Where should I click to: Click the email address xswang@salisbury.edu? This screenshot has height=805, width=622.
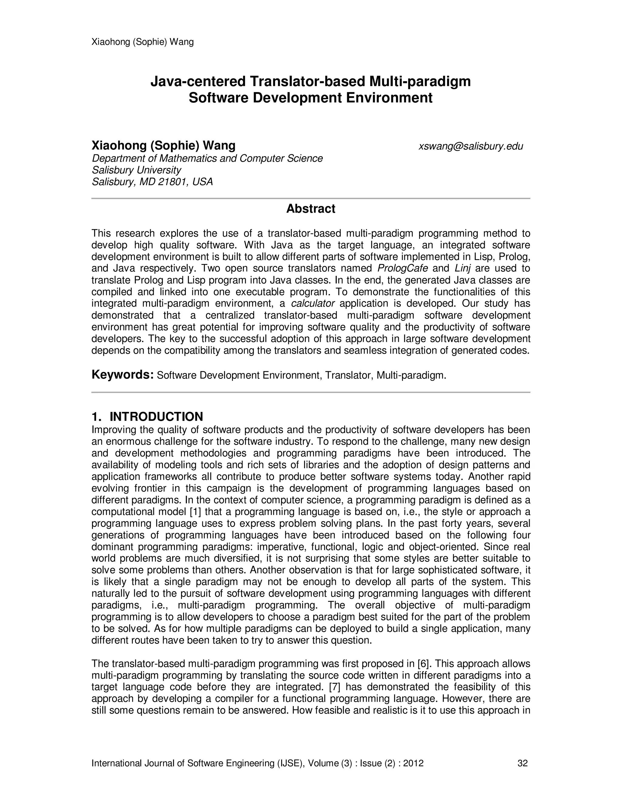(x=470, y=146)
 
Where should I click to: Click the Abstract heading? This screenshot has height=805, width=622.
(x=311, y=209)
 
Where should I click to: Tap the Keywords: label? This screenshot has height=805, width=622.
(x=122, y=375)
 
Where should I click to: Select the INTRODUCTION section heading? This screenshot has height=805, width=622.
(x=156, y=416)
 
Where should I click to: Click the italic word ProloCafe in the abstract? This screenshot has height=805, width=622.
(x=403, y=268)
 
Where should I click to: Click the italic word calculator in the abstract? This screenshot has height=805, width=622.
(x=313, y=303)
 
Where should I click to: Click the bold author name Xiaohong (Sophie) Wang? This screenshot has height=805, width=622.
(x=163, y=146)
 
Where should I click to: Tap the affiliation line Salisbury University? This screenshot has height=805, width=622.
(x=136, y=170)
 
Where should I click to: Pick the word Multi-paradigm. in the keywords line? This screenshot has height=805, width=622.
(x=412, y=375)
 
